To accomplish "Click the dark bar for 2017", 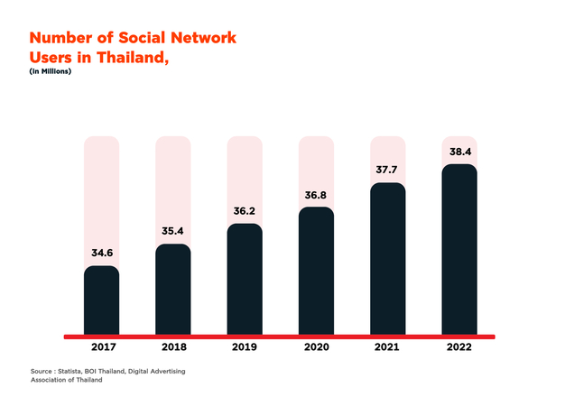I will pyautogui.click(x=101, y=300).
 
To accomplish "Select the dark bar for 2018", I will pyautogui.click(x=172, y=290).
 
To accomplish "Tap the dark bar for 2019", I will pyautogui.click(x=244, y=279).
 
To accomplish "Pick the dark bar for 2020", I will pyautogui.click(x=316, y=271).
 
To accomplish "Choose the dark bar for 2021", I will pyautogui.click(x=387, y=259).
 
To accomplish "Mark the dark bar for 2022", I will pyautogui.click(x=458, y=249).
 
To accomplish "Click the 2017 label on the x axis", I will pyautogui.click(x=101, y=347).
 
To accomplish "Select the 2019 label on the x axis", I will pyautogui.click(x=244, y=347).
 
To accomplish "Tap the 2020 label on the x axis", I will pyautogui.click(x=316, y=347).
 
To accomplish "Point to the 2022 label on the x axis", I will pyautogui.click(x=458, y=347).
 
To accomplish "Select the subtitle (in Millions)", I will pyautogui.click(x=51, y=71).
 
